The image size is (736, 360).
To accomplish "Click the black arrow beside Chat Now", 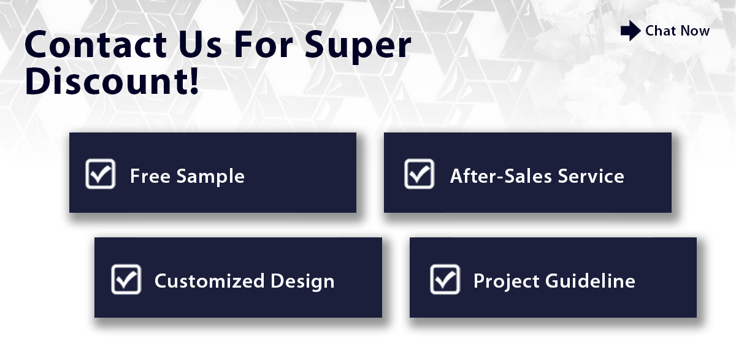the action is pos(631,31).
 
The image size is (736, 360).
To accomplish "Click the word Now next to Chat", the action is pos(696,31).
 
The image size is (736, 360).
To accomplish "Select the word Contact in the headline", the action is pos(96,44).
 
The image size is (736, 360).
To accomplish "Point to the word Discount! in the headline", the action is pos(112,81).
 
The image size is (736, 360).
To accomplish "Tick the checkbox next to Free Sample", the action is pos(100,174).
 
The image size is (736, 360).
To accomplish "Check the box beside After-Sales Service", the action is pos(420,174).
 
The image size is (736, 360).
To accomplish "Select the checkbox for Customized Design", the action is pos(126,279).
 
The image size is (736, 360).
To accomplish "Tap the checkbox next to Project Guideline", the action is pos(445,279).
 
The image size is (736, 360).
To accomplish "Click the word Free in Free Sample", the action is pos(150,176).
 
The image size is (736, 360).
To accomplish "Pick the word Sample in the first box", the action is pos(210,177).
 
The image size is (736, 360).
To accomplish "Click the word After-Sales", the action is pos(500,176).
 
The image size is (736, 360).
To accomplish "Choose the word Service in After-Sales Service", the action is pos(591,176).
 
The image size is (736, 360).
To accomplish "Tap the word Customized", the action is pos(210,281).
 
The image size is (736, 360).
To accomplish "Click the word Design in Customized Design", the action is pos(302,282).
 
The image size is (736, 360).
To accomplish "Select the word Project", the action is pos(507,282).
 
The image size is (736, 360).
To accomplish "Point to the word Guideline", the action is pos(590,281).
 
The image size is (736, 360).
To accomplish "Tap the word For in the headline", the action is pos(263,44).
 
